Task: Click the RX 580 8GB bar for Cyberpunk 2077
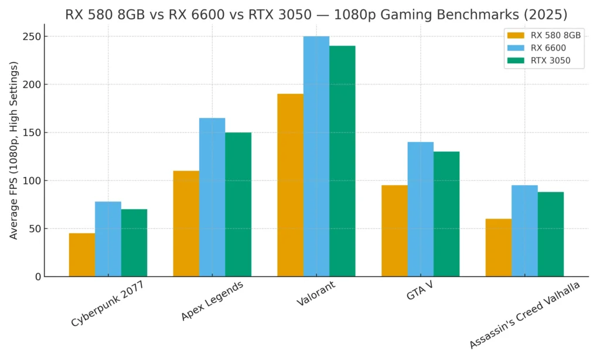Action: (82, 255)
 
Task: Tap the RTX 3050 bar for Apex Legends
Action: (238, 205)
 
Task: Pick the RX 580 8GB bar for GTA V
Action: (394, 231)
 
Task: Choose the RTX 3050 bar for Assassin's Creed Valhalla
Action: (551, 235)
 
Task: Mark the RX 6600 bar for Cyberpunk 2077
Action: (108, 239)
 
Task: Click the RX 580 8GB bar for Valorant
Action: (290, 185)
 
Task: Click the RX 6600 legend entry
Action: (547, 47)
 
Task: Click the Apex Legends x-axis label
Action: (212, 301)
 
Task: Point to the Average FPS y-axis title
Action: (13, 158)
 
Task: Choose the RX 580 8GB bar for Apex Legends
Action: (186, 223)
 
